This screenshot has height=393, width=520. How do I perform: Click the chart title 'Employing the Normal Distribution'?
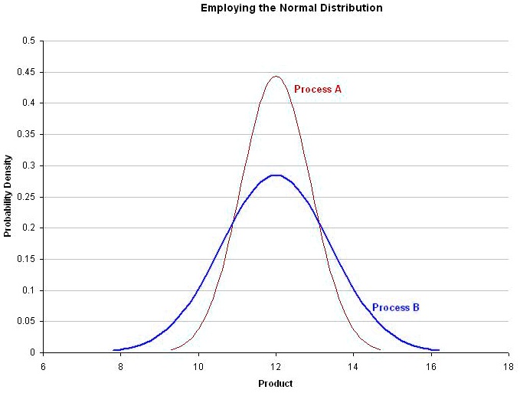[291, 8]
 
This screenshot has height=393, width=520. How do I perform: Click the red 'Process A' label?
[317, 90]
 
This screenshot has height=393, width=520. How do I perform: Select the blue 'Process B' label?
[395, 308]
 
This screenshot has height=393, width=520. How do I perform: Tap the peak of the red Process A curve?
[276, 76]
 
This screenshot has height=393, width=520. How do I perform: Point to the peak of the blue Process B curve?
[276, 175]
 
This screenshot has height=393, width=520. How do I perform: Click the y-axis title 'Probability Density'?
[8, 196]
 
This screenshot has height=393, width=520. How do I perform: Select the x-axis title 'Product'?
[275, 383]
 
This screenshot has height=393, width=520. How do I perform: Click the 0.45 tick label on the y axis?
[27, 72]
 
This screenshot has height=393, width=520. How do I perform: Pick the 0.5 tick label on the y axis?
[30, 41]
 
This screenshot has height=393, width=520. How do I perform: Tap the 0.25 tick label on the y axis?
[27, 197]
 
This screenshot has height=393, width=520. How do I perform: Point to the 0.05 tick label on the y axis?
[27, 322]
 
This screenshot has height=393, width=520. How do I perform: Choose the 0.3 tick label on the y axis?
[30, 165]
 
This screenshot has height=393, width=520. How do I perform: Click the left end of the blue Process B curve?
[114, 350]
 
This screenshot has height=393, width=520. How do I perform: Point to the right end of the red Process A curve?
[380, 349]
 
